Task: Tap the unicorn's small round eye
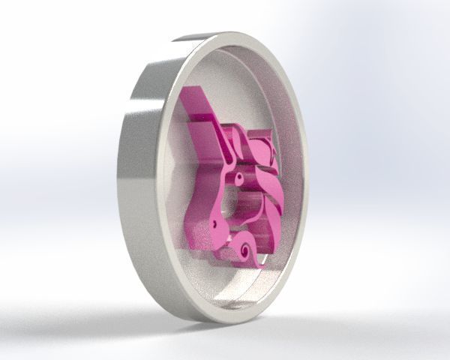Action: (239, 178)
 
